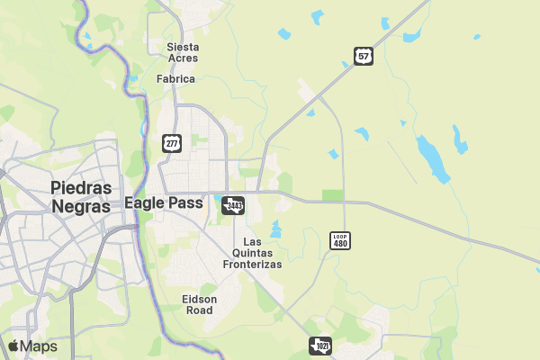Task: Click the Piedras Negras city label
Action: (x=82, y=197)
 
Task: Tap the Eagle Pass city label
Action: (x=164, y=203)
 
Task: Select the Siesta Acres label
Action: (x=183, y=52)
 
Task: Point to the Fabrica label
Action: (x=175, y=79)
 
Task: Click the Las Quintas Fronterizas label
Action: (x=253, y=254)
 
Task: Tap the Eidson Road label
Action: (x=199, y=304)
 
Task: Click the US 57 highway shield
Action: (x=363, y=56)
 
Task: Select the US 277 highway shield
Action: (x=172, y=142)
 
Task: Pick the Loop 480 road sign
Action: (x=340, y=240)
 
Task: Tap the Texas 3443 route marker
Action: (x=234, y=205)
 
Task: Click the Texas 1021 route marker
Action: (x=321, y=346)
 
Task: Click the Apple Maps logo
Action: (x=32, y=346)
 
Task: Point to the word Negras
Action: (x=82, y=206)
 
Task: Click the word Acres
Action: (x=183, y=58)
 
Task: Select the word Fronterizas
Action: (x=253, y=265)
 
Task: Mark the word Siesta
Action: (x=183, y=47)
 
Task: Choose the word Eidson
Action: (x=199, y=299)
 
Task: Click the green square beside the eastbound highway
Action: (x=333, y=195)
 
